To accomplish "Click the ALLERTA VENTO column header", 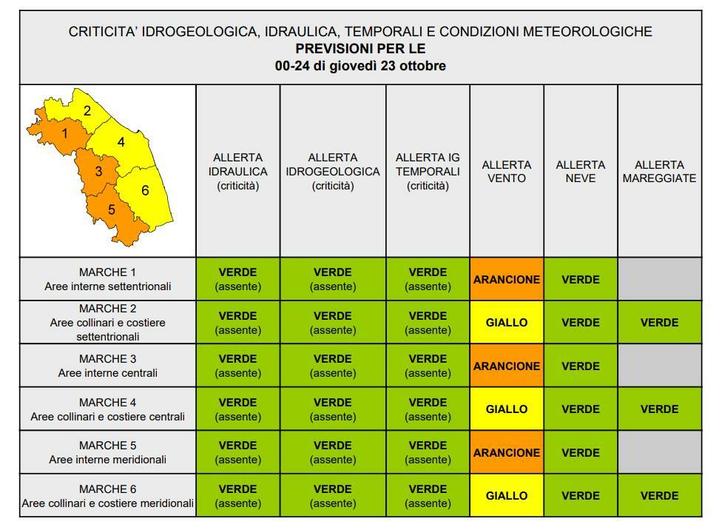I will pyautogui.click(x=507, y=172).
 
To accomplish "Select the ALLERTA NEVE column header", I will pyautogui.click(x=581, y=172).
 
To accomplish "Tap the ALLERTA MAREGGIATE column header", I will pyautogui.click(x=659, y=172).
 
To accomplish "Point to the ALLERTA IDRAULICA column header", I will pyautogui.click(x=238, y=172).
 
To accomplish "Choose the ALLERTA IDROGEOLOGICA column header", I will pyautogui.click(x=333, y=172).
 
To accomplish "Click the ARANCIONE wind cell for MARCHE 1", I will pyautogui.click(x=507, y=280).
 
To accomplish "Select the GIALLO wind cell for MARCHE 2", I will pyautogui.click(x=507, y=323).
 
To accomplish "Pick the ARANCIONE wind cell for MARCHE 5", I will pyautogui.click(x=507, y=452).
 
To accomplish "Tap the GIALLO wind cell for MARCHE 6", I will pyautogui.click(x=507, y=496).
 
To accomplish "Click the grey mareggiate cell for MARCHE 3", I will pyautogui.click(x=659, y=366).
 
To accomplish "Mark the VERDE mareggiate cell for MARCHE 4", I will pyautogui.click(x=659, y=409).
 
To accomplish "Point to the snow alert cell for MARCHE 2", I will pyautogui.click(x=581, y=323).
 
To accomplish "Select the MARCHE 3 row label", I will pyautogui.click(x=108, y=366).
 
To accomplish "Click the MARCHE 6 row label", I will pyautogui.click(x=108, y=496).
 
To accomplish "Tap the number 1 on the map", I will pyautogui.click(x=65, y=134).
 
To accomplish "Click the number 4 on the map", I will pyautogui.click(x=121, y=142).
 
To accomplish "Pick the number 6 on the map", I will pyautogui.click(x=145, y=190).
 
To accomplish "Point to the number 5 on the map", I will pyautogui.click(x=112, y=209).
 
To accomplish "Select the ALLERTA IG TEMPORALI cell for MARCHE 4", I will pyautogui.click(x=428, y=409).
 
